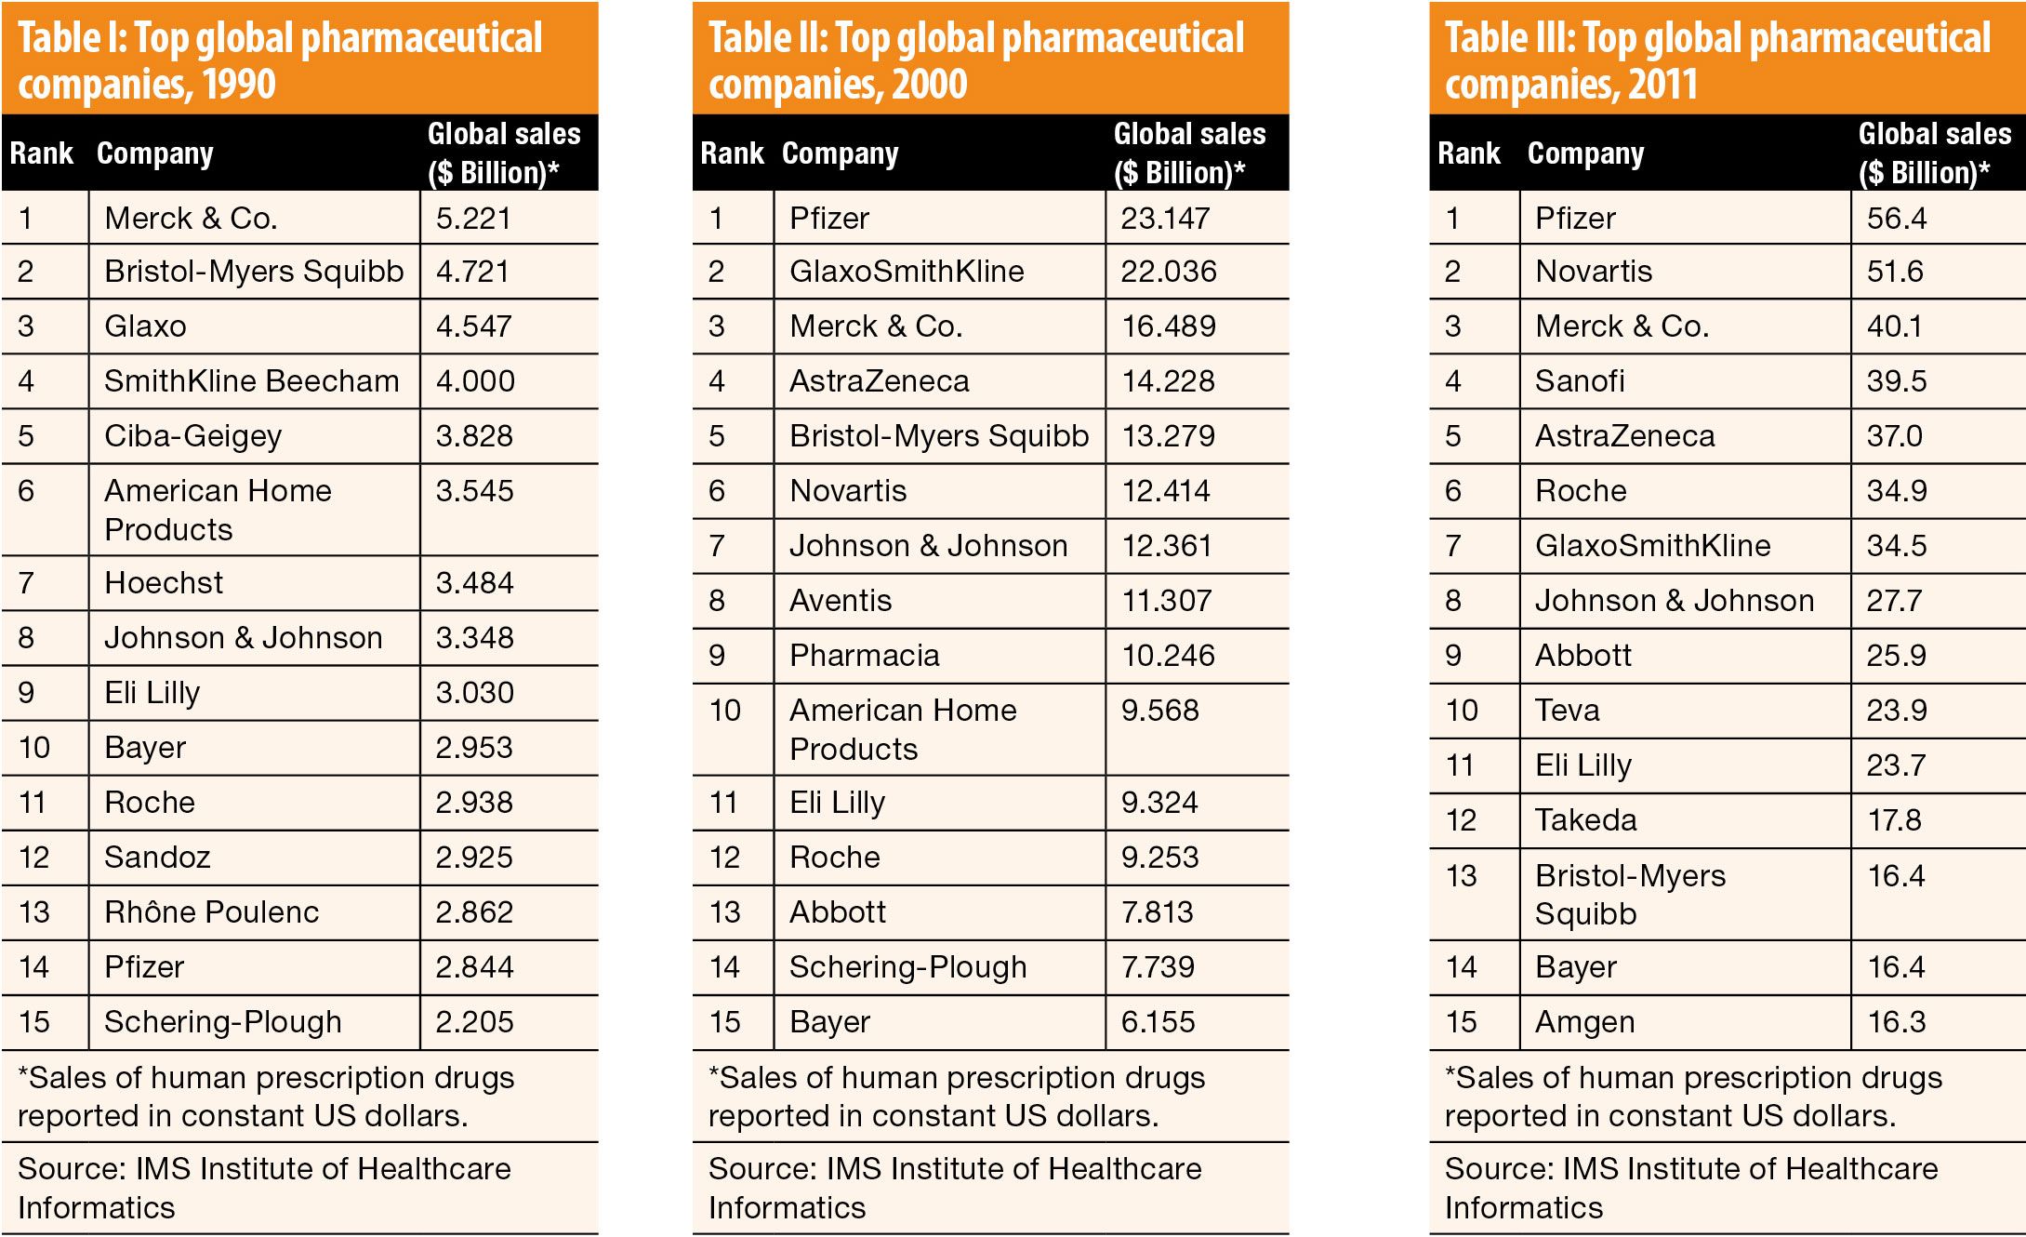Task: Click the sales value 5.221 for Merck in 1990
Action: (x=473, y=219)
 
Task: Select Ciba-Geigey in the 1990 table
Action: (x=192, y=436)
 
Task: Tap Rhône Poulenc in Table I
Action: (x=211, y=912)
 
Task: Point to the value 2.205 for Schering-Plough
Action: (x=474, y=1022)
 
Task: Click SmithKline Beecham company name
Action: (x=251, y=381)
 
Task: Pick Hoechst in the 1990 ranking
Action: (x=164, y=583)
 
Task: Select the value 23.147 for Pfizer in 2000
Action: (x=1165, y=219)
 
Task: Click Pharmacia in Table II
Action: (x=864, y=656)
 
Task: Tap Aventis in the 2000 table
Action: (x=841, y=601)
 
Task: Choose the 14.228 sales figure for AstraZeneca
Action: (x=1168, y=381)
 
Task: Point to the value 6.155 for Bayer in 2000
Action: (x=1158, y=1022)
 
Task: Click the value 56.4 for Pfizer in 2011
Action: (x=1897, y=219)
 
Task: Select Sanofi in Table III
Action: (x=1580, y=381)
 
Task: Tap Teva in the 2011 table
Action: (x=1567, y=711)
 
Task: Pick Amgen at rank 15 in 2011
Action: (x=1584, y=1022)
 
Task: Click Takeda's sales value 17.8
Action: (x=1895, y=820)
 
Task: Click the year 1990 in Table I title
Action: (x=239, y=86)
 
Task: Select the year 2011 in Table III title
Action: (x=1663, y=86)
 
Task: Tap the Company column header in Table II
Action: (x=840, y=153)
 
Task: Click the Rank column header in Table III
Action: (x=1468, y=153)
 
